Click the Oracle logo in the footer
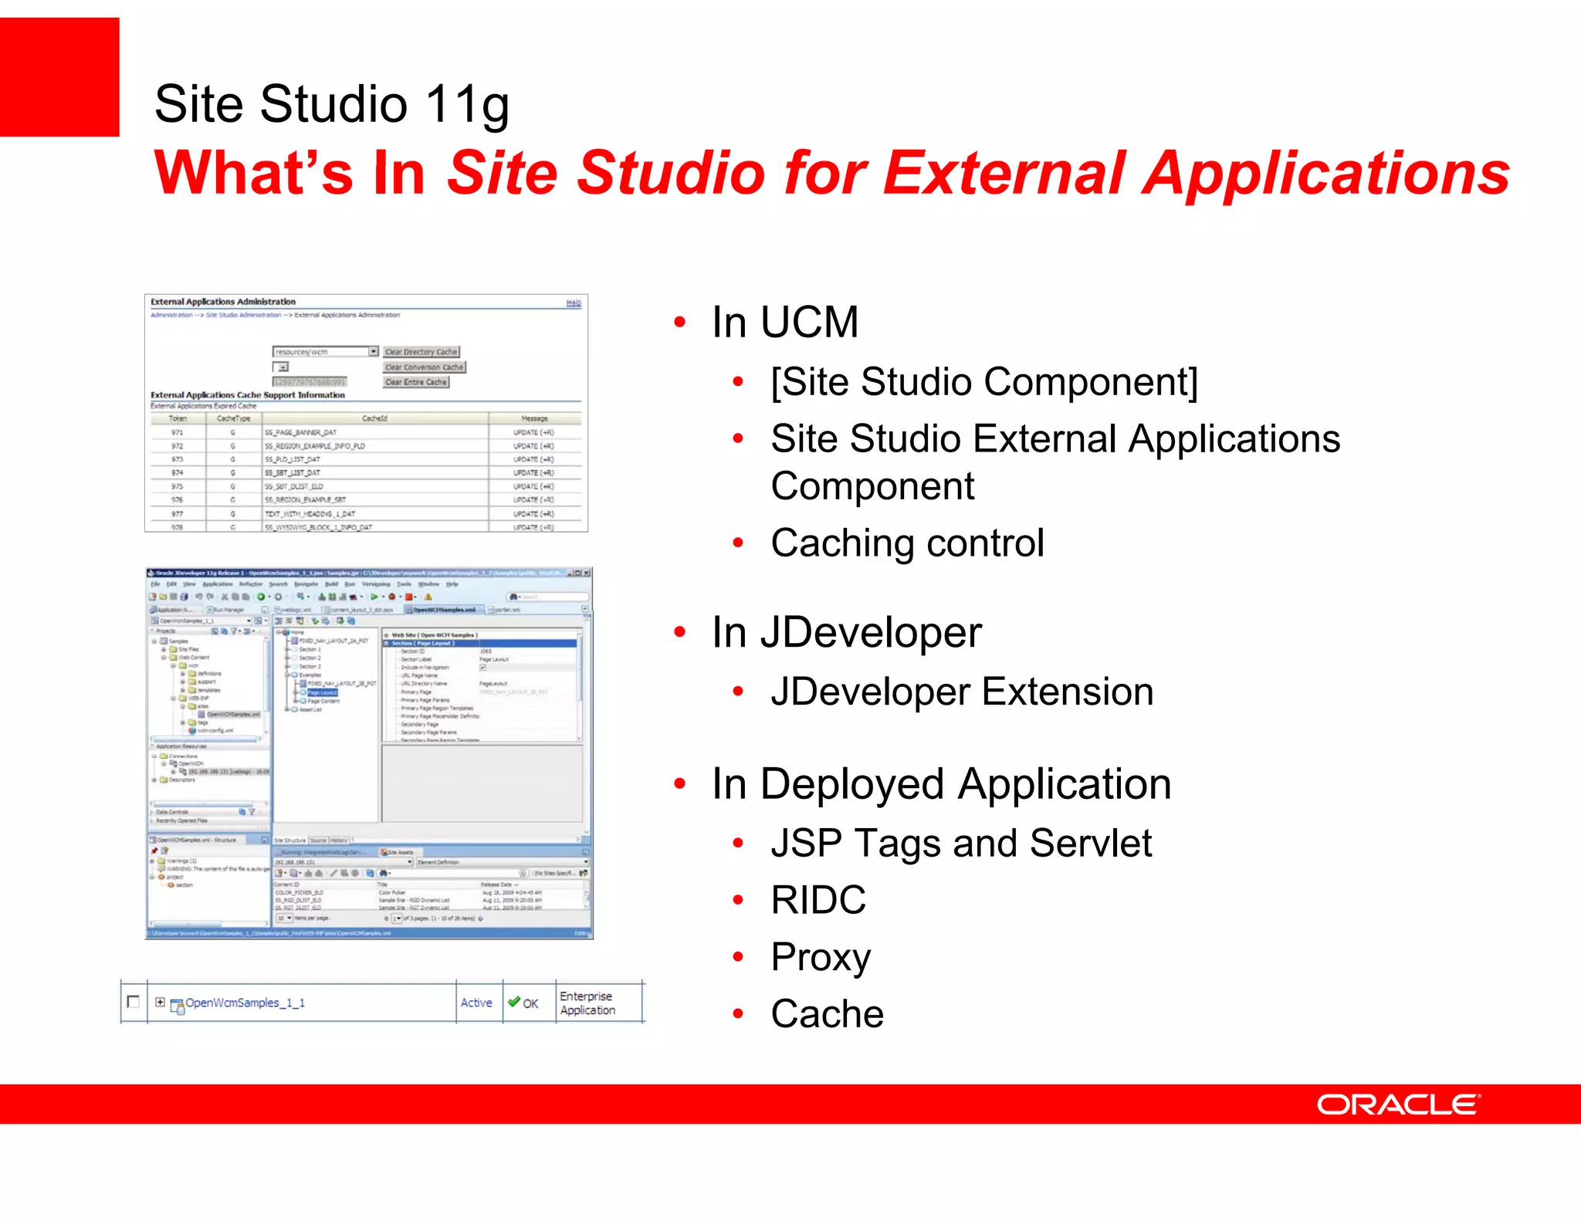pos(1397,1104)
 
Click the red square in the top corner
pos(59,76)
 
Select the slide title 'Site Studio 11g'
pos(331,104)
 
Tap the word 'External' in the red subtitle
pos(1004,173)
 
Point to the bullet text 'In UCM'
pos(784,322)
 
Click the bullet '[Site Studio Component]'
pos(984,381)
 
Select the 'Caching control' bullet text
pos(907,543)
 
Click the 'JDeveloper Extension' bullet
pos(962,692)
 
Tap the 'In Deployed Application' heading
pos(941,784)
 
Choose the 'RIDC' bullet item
pos(818,900)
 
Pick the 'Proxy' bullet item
pos(821,957)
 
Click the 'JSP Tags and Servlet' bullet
pos(961,843)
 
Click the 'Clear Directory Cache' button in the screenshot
pos(421,352)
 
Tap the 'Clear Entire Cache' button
pos(415,382)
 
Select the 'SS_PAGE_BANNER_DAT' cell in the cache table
pos(301,433)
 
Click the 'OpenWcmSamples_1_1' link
pos(245,1003)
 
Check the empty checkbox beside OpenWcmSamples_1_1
pos(133,1001)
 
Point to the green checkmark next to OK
pos(513,1002)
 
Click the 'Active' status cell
pos(476,1003)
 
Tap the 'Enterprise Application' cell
pos(587,1003)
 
